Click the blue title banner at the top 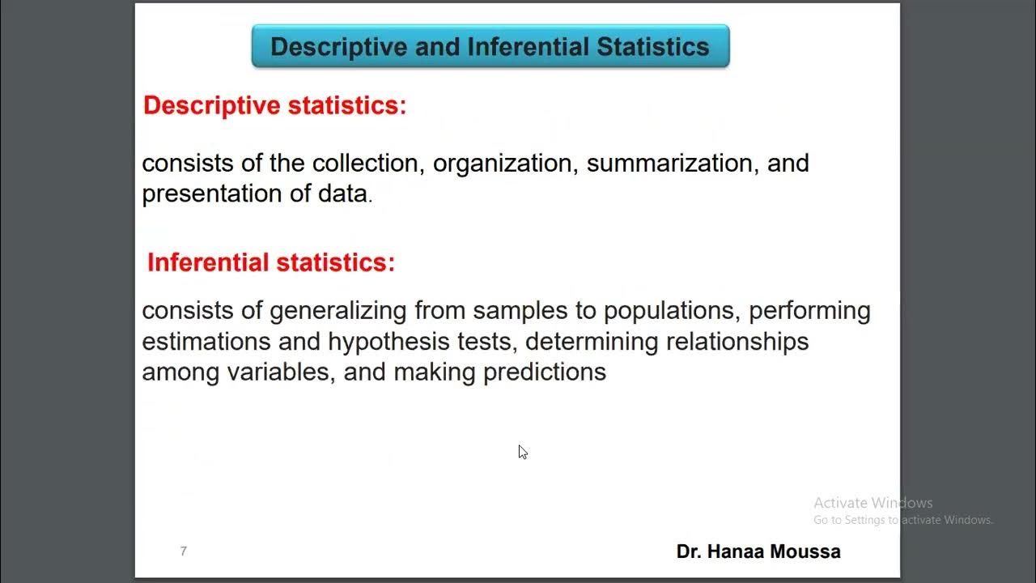[x=490, y=46]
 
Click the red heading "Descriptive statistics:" [x=275, y=105]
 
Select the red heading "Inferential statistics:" [x=271, y=262]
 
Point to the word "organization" [x=503, y=163]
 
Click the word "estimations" [x=206, y=342]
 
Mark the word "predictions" [x=545, y=372]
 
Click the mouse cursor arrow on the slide [x=522, y=451]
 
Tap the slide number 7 [x=184, y=551]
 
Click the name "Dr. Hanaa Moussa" [x=758, y=552]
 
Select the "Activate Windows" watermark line [x=873, y=503]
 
